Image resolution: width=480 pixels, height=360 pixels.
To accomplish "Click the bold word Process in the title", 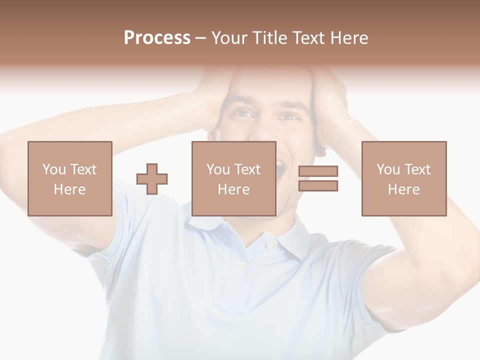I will (157, 38).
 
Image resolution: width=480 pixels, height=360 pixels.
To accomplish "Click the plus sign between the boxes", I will (152, 178).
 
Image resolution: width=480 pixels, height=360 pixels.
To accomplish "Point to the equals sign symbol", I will (318, 178).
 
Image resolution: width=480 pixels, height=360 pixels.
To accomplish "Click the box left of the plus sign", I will (70, 178).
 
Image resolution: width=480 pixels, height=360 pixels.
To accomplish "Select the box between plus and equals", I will (233, 178).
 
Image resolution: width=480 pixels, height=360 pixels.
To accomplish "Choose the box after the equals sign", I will (404, 178).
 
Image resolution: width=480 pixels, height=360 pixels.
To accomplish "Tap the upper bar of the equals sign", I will (318, 171).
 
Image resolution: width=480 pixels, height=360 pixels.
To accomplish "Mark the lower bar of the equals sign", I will (318, 186).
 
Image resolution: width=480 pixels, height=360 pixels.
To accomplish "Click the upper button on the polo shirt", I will (269, 245).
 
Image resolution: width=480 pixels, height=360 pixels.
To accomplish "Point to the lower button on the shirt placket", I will (242, 264).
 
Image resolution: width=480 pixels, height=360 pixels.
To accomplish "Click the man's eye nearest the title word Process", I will (243, 114).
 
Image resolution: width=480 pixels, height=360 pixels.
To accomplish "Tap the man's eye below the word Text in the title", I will (288, 116).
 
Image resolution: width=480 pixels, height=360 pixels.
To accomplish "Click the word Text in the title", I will (308, 38).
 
